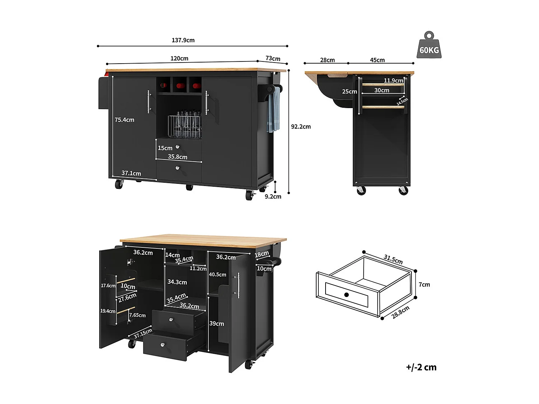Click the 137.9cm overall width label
click(x=183, y=40)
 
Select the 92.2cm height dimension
click(x=301, y=126)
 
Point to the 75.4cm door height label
click(x=124, y=120)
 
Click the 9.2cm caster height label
click(x=273, y=196)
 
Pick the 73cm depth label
click(x=273, y=59)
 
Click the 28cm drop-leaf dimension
click(x=327, y=60)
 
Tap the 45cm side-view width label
click(x=377, y=60)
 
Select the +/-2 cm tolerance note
click(x=421, y=367)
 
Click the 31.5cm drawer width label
click(x=393, y=259)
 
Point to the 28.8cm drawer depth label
click(x=400, y=312)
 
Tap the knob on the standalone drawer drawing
click(x=346, y=295)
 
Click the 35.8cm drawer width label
click(x=178, y=157)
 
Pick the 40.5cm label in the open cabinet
click(x=217, y=274)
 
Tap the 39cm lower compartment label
click(x=217, y=324)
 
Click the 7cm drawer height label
click(x=424, y=284)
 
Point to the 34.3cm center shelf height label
click(x=177, y=282)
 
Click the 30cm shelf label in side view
click(x=382, y=90)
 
